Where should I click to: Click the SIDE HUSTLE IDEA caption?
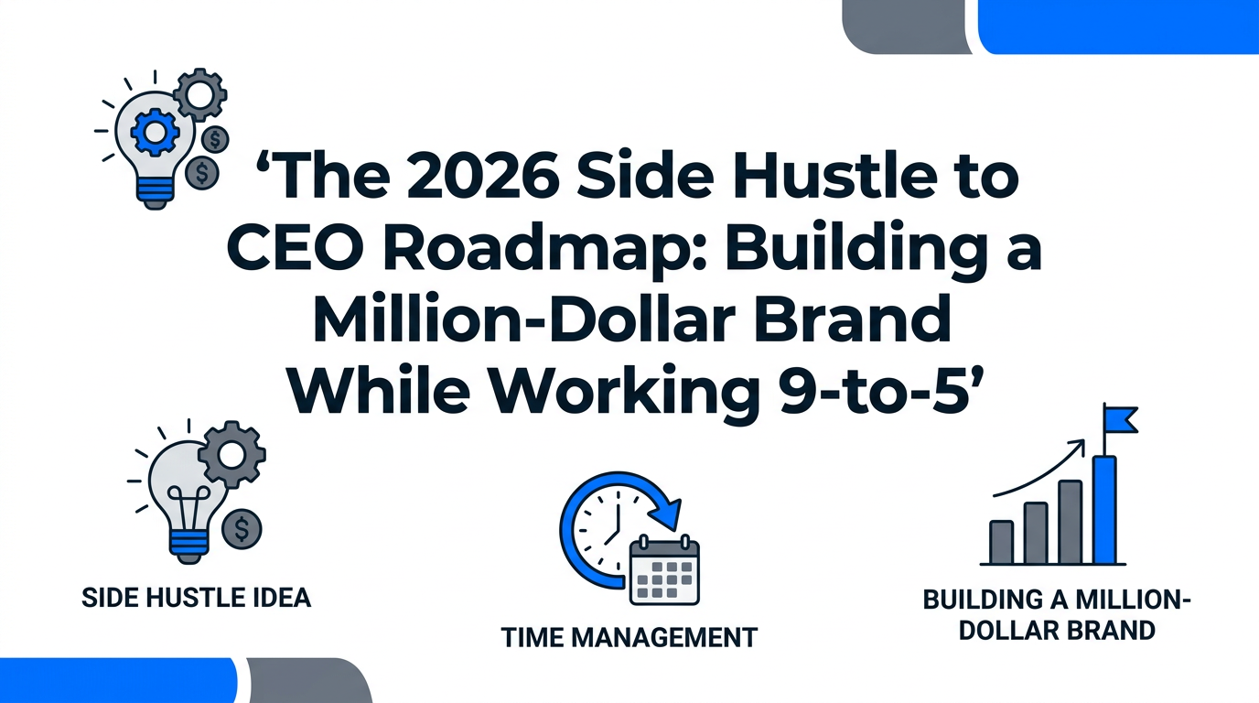coord(196,598)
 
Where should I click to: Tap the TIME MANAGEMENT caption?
coord(629,636)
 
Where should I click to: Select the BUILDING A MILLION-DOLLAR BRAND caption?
coord(1057,615)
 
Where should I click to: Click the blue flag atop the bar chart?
coord(1120,420)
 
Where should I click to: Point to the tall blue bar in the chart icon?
coord(1104,509)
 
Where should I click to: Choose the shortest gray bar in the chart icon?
coord(1002,541)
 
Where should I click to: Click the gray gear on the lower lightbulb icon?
coord(231,455)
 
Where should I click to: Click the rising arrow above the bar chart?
coord(1038,469)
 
